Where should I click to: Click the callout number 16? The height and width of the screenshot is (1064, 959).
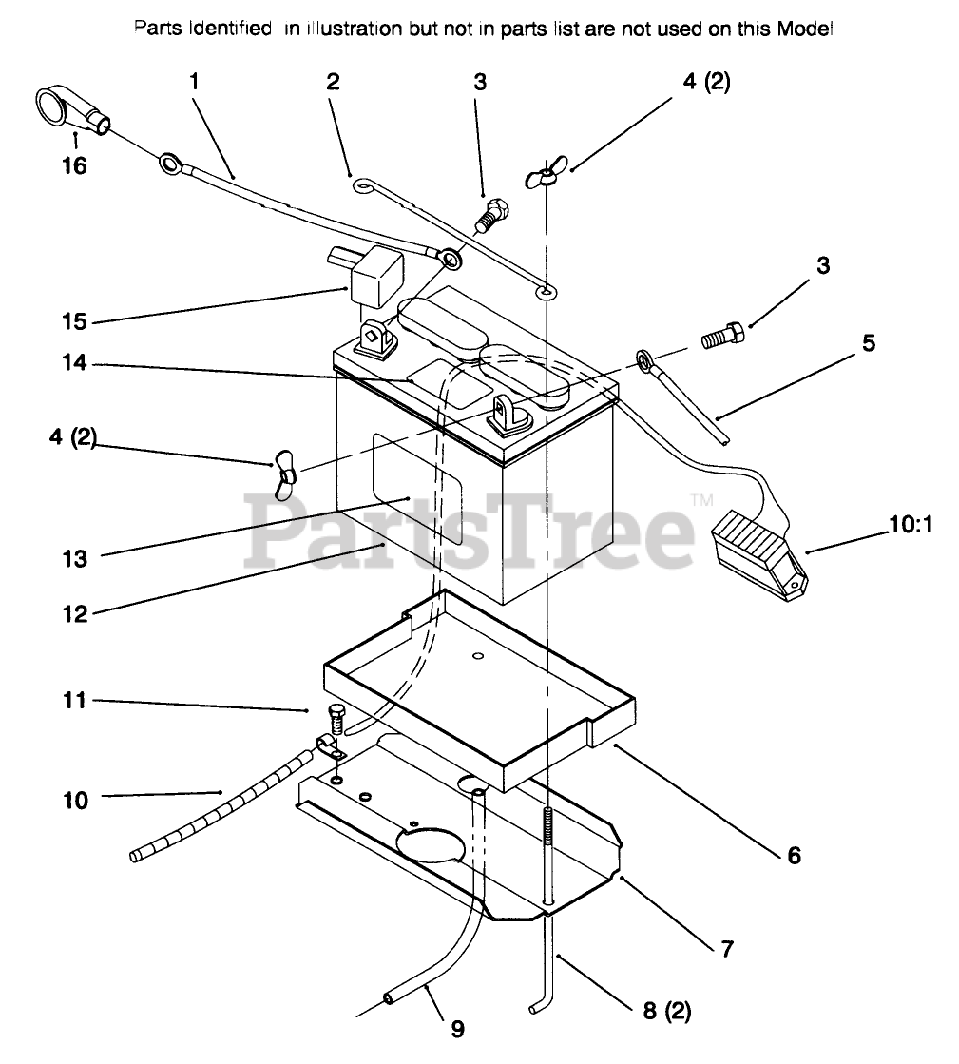click(73, 166)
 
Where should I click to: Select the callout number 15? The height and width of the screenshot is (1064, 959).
click(74, 321)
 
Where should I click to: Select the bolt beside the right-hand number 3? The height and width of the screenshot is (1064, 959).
click(724, 337)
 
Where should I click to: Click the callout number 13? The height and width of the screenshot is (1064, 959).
click(74, 558)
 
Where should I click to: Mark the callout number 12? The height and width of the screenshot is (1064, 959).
click(74, 613)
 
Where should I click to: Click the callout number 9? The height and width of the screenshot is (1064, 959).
click(457, 1028)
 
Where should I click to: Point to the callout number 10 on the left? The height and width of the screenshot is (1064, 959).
click(74, 800)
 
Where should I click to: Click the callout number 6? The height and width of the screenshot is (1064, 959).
click(792, 855)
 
